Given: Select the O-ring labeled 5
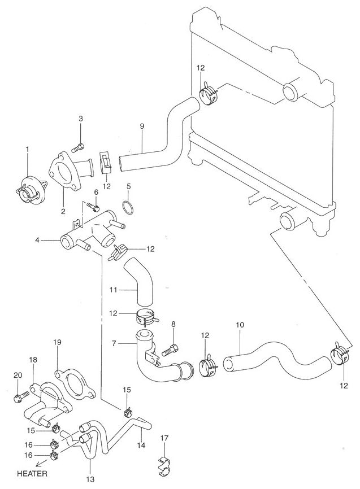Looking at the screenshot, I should [128, 207].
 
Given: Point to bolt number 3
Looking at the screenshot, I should [80, 146].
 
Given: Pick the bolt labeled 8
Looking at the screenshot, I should [170, 350].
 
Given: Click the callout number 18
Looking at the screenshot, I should [33, 359].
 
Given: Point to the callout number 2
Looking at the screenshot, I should [63, 212].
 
